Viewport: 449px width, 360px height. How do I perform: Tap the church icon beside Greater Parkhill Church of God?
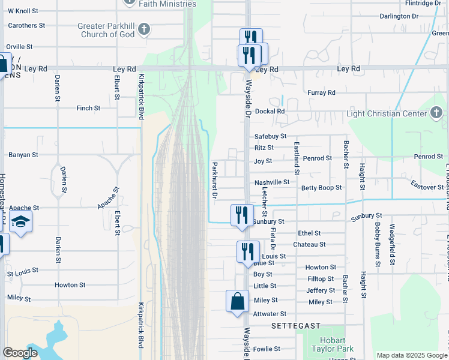[143, 29]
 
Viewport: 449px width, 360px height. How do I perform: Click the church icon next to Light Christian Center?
[436, 112]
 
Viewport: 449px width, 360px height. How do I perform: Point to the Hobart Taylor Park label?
[333, 344]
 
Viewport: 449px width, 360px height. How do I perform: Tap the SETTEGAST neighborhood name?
[296, 326]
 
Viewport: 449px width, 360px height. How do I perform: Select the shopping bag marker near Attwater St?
[238, 302]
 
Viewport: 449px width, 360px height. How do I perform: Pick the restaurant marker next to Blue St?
[248, 253]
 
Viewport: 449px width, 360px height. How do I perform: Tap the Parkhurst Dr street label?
[214, 180]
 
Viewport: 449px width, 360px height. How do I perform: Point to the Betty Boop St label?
[321, 188]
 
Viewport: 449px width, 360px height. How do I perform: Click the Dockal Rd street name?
[270, 112]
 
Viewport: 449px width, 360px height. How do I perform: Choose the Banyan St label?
[23, 155]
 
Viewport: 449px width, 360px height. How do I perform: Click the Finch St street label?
[88, 108]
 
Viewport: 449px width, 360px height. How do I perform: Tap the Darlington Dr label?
[399, 16]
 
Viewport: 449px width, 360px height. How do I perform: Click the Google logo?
[20, 353]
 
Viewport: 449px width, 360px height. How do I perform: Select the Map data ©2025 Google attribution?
[411, 355]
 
